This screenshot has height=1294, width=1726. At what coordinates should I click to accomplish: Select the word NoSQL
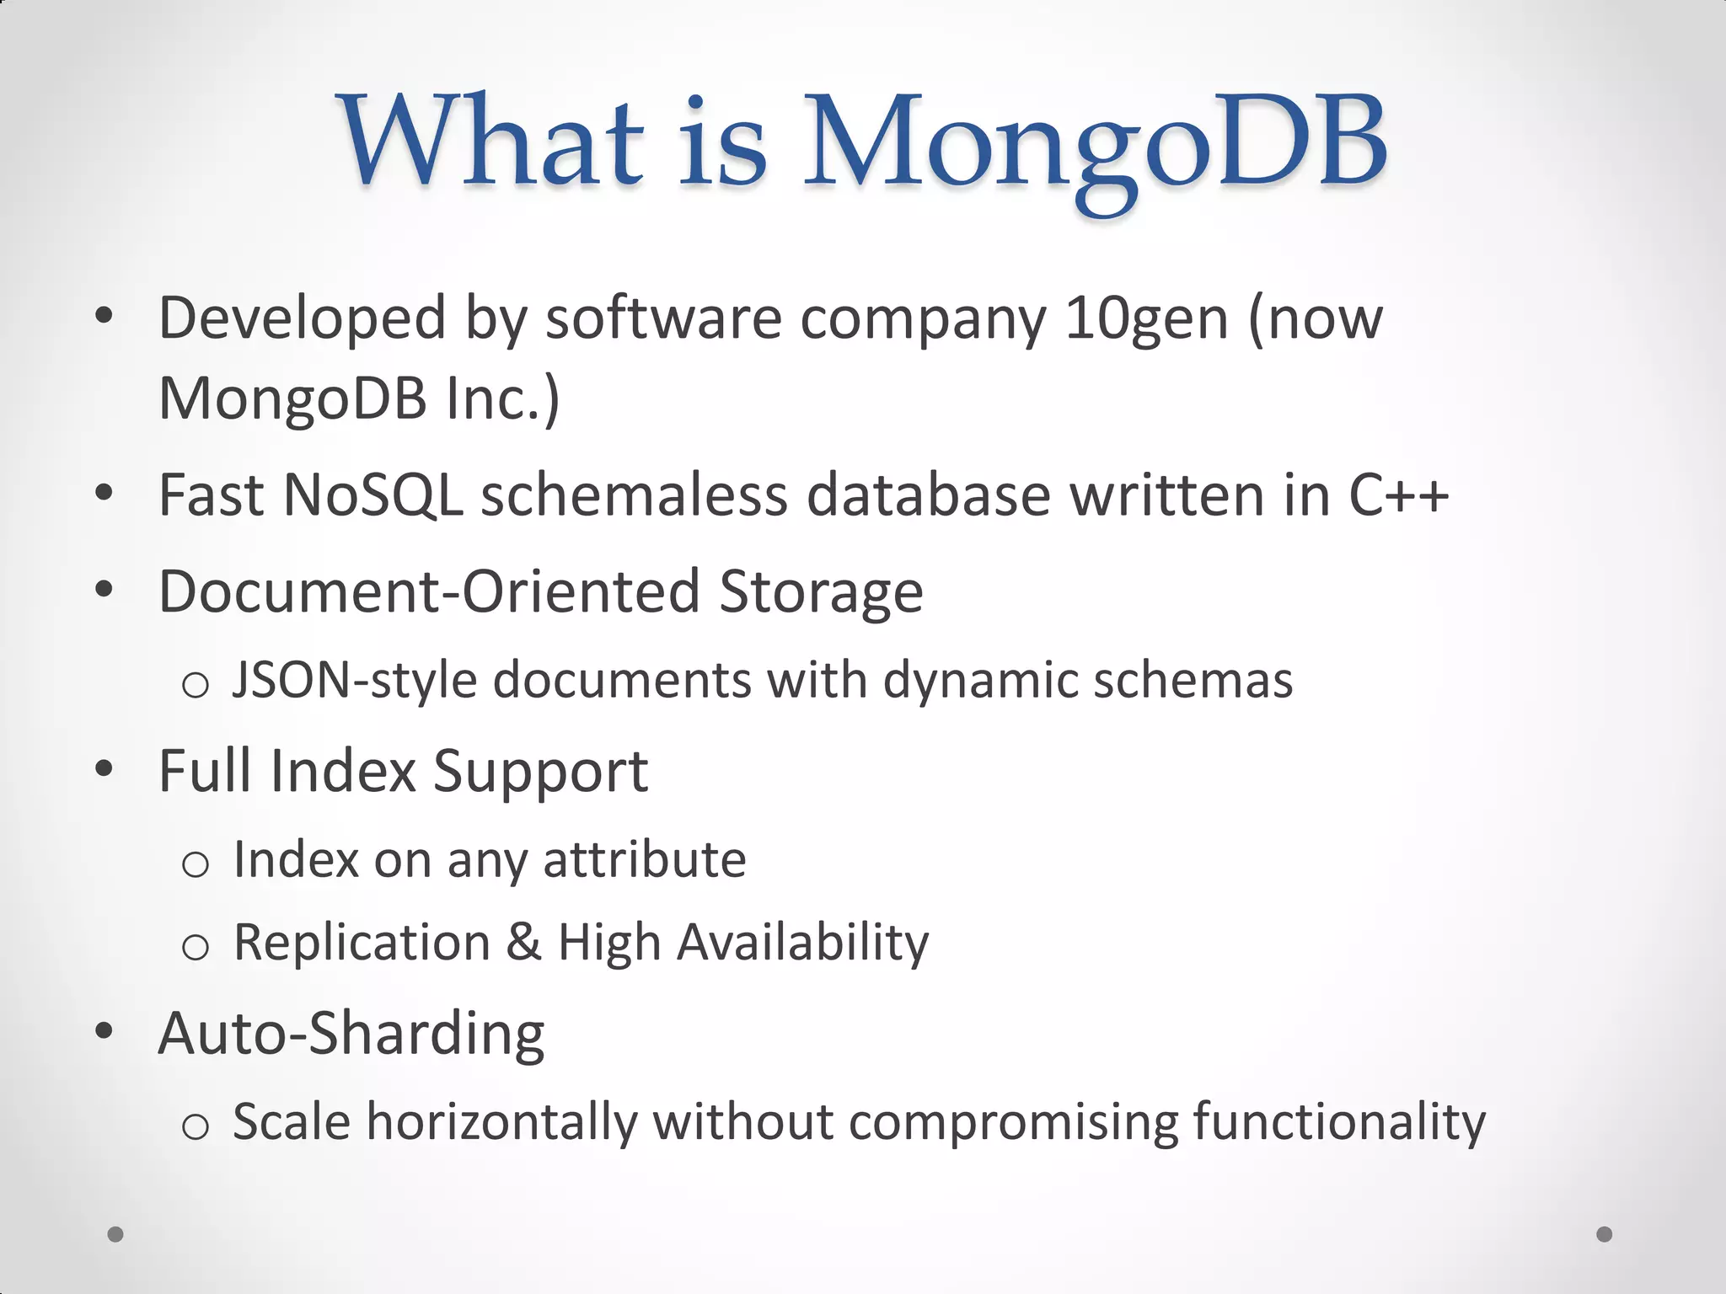click(x=373, y=495)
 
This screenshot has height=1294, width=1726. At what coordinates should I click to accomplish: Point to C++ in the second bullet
click(x=1398, y=495)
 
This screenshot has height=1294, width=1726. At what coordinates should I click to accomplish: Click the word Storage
click(x=821, y=591)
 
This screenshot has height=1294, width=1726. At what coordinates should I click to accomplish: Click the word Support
click(x=540, y=772)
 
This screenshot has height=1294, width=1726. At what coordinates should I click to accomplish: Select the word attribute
click(x=645, y=859)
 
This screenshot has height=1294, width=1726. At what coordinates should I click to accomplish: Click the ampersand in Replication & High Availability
click(x=523, y=942)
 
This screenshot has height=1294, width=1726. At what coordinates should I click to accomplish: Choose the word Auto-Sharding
click(x=351, y=1035)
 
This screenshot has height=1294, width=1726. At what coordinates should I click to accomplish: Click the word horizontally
click(x=501, y=1122)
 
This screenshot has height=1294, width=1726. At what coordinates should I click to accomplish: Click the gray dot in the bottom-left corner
click(x=115, y=1234)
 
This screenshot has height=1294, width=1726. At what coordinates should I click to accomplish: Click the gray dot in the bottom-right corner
click(x=1605, y=1234)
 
